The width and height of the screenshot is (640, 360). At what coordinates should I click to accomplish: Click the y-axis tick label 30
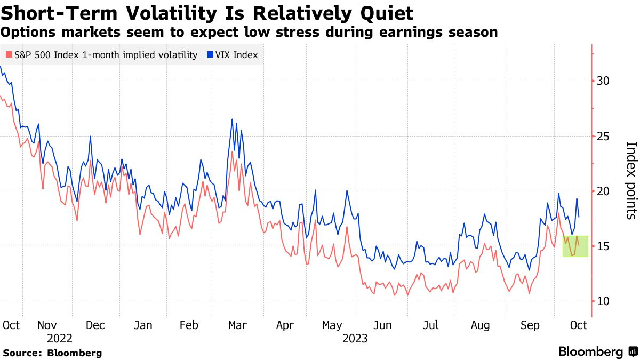603,81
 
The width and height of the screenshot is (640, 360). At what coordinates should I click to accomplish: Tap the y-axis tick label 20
603,191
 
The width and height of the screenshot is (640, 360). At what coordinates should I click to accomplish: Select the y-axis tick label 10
603,301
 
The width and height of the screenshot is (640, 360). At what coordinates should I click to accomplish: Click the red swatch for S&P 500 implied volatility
9,55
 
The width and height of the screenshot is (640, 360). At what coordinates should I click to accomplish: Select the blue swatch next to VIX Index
211,55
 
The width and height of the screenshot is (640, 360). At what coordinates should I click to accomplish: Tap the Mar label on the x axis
237,325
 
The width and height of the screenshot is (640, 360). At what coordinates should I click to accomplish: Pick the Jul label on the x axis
430,325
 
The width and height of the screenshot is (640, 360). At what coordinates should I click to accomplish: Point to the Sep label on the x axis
530,325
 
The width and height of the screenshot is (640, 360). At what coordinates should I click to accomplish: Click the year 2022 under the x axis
60,338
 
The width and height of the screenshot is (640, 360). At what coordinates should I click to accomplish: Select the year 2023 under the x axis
355,338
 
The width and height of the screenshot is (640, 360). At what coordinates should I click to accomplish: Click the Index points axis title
630,180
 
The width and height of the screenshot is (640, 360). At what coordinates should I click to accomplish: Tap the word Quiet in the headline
381,12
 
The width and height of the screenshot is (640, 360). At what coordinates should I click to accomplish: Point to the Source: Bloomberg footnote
52,353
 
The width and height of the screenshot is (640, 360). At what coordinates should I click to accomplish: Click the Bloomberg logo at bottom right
597,352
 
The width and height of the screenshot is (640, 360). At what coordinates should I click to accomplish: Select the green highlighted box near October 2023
575,246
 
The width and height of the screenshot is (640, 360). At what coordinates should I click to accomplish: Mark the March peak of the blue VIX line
233,119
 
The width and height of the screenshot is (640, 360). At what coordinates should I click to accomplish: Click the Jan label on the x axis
143,325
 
